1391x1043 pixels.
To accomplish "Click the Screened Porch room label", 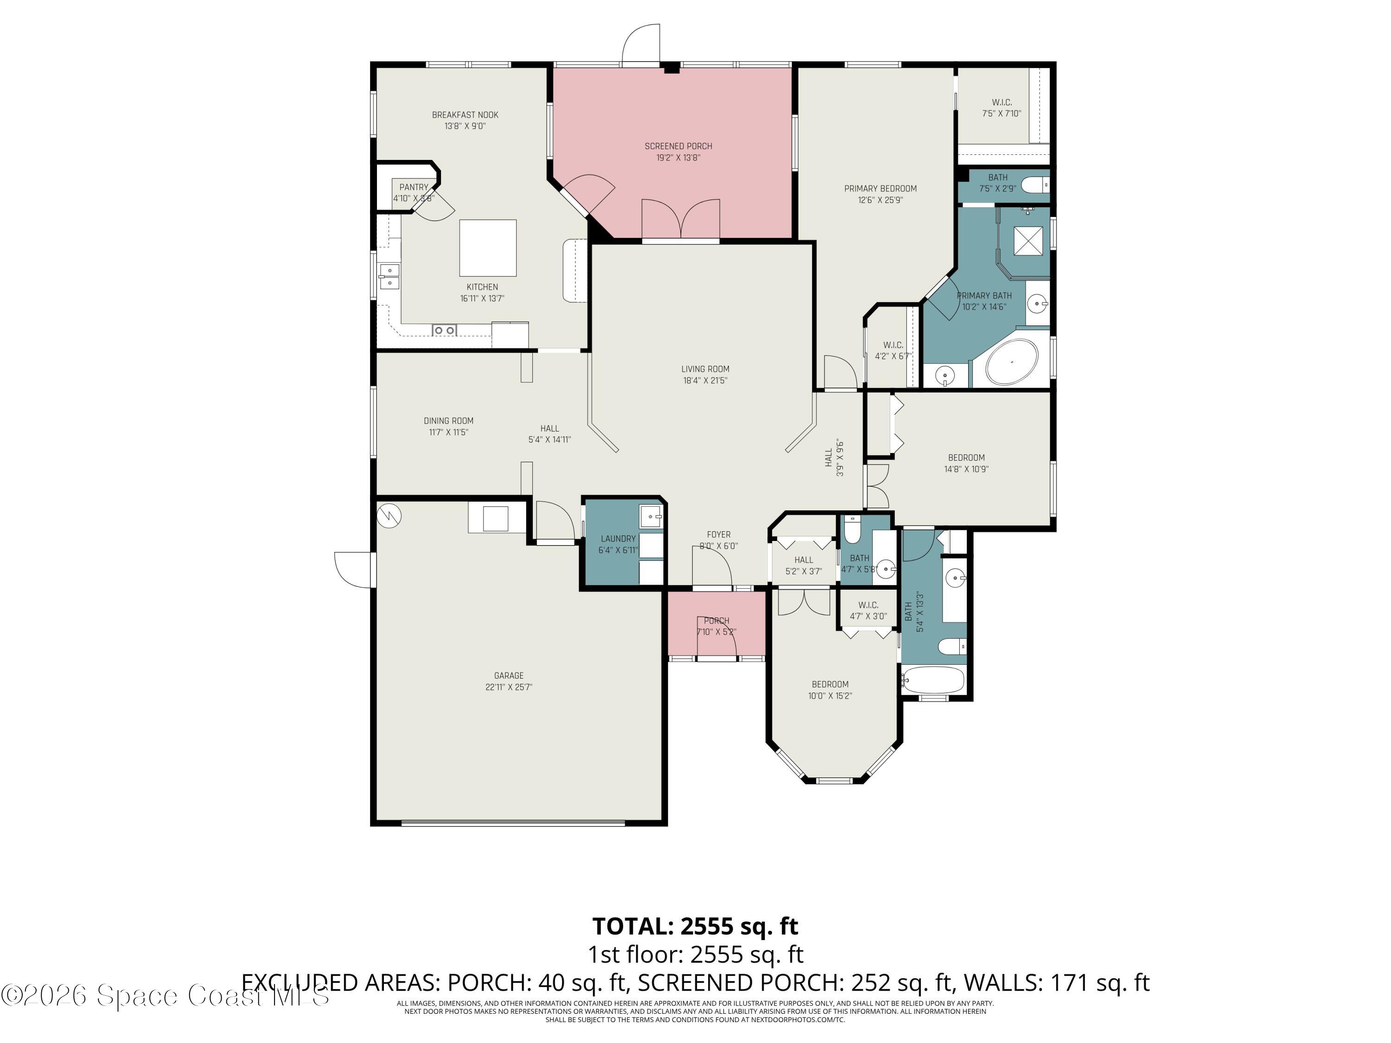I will point(678,146).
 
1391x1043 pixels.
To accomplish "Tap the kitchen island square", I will point(487,248).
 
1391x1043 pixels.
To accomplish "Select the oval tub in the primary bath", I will point(1012,362).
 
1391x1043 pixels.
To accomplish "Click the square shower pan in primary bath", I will point(1027,241).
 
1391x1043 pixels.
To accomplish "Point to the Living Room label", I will point(705,369).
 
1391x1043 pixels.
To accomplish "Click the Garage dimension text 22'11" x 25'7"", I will point(508,687).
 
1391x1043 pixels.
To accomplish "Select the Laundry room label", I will point(618,539).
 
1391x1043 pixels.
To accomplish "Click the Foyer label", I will point(718,534).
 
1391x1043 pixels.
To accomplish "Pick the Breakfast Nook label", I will point(465,115).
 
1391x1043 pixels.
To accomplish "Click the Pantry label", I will point(413,187).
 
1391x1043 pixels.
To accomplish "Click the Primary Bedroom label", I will point(880,189).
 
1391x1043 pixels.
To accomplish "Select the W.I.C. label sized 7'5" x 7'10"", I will point(1001,102).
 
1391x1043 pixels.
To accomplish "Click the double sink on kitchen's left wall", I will point(389,277).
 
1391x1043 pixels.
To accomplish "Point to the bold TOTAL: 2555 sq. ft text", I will point(695,926).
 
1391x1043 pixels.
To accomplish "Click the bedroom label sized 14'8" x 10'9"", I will point(966,458).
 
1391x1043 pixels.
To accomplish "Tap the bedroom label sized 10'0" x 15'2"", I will point(829,685).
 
